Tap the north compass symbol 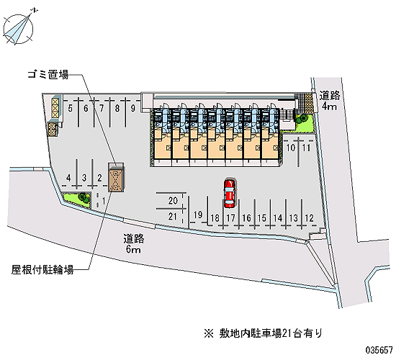[19, 29]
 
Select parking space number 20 [173, 201]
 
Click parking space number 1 [104, 201]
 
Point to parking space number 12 [310, 217]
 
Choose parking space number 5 [71, 109]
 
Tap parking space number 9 [133, 109]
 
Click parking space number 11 [306, 148]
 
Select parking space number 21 [173, 217]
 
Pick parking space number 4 [68, 178]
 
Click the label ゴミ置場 [48, 75]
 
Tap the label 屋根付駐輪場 [42, 270]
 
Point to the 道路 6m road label [134, 244]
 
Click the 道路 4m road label [330, 101]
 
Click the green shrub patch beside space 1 [78, 199]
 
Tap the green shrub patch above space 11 [304, 122]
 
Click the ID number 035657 [379, 350]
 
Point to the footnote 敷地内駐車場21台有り [263, 333]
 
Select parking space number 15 [262, 217]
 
